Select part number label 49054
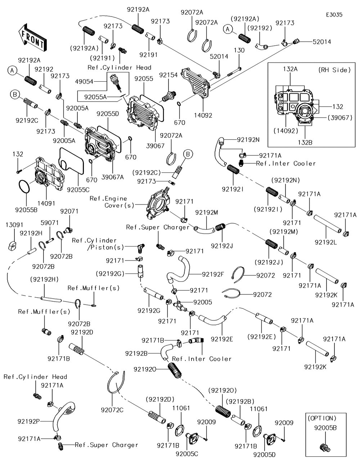84,82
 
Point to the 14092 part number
203,116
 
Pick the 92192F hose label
213,274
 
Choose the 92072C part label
112,410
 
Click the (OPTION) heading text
322,418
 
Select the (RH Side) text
334,70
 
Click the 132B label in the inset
305,142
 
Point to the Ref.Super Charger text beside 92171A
107,445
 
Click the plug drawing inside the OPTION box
325,447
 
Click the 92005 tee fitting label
203,302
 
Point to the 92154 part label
168,75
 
